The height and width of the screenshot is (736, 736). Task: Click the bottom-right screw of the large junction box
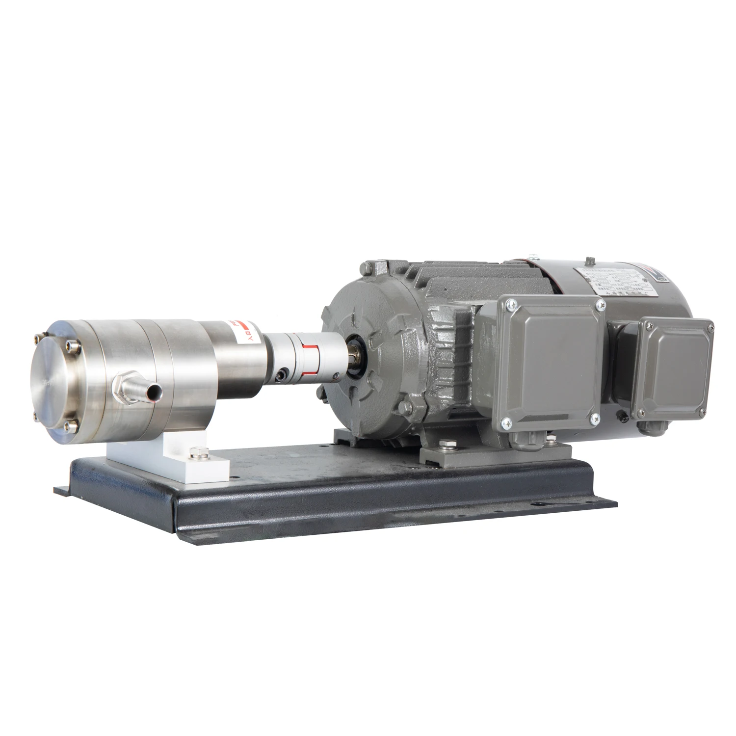(x=595, y=418)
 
